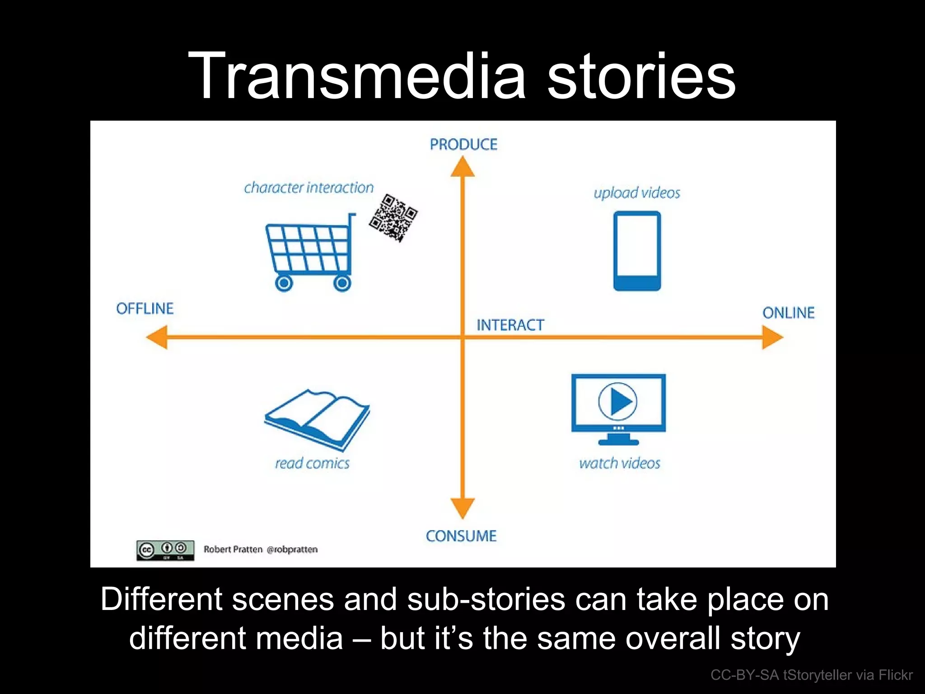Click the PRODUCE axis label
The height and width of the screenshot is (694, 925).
point(463,145)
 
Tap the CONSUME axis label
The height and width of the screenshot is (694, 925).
point(461,536)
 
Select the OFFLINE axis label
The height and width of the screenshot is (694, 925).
point(145,309)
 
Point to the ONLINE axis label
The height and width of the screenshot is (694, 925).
point(788,313)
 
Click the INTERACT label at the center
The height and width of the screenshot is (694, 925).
point(510,325)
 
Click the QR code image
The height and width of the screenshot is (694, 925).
point(393,218)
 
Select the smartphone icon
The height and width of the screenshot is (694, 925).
point(637,251)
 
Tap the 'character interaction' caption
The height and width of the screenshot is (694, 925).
point(309,188)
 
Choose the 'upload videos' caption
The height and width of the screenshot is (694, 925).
point(637,193)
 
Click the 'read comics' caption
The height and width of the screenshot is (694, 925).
point(312,463)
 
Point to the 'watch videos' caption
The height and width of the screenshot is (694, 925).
point(620,463)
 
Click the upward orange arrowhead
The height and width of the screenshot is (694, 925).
point(462,167)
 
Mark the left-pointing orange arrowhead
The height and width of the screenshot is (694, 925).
point(158,337)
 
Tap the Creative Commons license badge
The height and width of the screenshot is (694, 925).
point(165,550)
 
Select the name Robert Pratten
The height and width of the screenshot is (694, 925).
point(233,549)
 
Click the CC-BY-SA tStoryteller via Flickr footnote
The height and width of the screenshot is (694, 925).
point(811,675)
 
